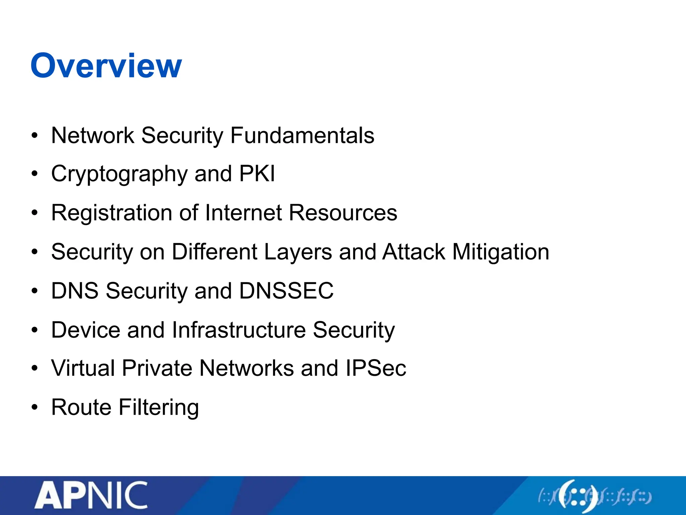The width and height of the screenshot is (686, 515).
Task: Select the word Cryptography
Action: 119,174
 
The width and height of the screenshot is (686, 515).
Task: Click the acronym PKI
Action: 257,174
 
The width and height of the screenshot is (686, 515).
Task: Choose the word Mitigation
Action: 501,252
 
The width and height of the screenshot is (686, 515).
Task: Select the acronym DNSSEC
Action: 286,291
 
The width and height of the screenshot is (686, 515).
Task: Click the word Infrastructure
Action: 238,330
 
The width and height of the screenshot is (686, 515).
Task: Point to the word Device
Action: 85,330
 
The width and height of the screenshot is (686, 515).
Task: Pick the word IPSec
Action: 376,368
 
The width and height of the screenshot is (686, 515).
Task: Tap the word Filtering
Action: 159,407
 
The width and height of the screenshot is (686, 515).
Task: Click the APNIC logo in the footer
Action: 91,496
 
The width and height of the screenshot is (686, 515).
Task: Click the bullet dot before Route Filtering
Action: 35,407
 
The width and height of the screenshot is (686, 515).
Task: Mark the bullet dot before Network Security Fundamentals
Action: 35,136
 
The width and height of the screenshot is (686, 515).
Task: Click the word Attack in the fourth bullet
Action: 414,252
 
